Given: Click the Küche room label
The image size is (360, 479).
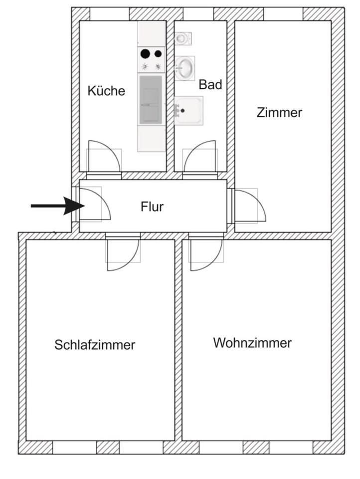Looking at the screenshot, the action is click(x=106, y=91).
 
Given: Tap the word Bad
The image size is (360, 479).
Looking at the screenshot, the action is click(x=210, y=85).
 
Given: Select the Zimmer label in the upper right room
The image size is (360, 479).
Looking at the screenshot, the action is click(x=279, y=112).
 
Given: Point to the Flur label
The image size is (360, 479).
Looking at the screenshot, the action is click(x=152, y=207).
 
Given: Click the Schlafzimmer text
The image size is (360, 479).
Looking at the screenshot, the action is click(x=95, y=345).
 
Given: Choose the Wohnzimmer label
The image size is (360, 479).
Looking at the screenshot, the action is click(x=252, y=343).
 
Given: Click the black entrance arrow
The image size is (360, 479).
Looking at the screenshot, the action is click(x=58, y=206).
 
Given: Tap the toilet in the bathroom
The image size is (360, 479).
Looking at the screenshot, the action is click(x=182, y=38).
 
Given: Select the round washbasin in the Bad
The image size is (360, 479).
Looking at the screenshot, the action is click(x=184, y=68).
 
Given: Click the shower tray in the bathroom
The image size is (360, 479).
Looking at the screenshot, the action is click(x=188, y=111).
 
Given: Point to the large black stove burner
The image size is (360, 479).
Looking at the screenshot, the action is click(x=145, y=54).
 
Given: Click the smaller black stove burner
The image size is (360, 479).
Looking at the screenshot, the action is click(x=158, y=54).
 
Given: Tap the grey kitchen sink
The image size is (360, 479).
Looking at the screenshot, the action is click(x=151, y=100).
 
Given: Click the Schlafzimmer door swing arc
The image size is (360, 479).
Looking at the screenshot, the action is click(x=131, y=262).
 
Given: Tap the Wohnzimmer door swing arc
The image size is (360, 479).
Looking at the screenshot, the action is click(x=214, y=262).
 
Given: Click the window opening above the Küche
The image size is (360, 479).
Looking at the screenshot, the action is click(x=110, y=14).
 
